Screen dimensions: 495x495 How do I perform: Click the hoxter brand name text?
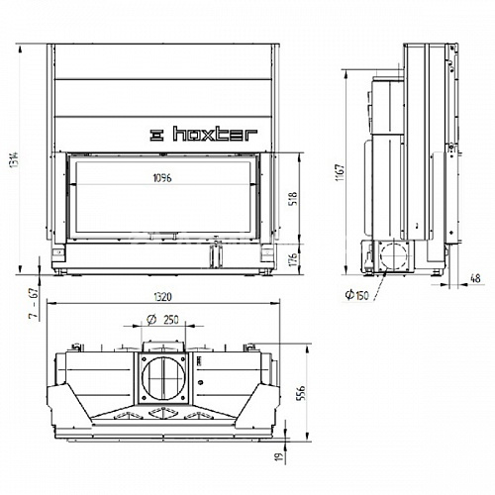215,134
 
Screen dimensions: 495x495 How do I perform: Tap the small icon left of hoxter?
156,135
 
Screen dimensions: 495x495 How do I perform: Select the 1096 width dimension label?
162,178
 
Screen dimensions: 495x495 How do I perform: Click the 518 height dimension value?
293,198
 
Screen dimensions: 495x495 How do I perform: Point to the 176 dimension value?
293,259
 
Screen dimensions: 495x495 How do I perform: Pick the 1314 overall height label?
14,159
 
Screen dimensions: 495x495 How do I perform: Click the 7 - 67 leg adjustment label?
34,303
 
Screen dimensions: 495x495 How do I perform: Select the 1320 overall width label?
162,297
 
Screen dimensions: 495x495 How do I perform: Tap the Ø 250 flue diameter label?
163,320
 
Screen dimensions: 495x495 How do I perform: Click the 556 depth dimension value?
301,393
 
